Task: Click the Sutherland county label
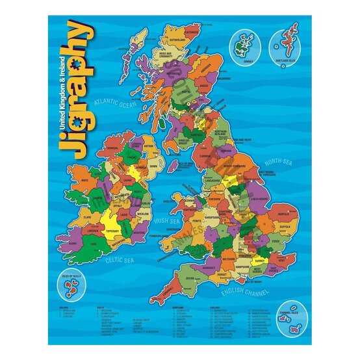click(x=177, y=40)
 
